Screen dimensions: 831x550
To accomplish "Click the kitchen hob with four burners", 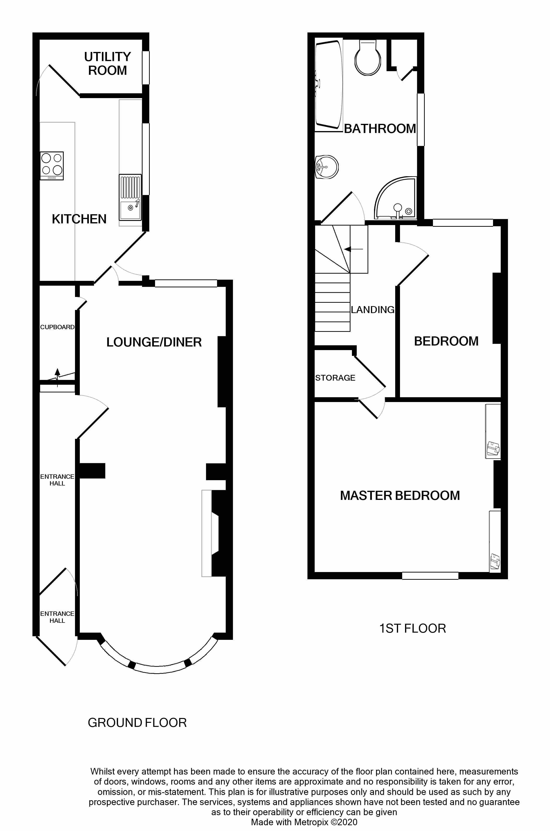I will [x=51, y=166].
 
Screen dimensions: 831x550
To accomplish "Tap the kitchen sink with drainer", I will [x=130, y=197].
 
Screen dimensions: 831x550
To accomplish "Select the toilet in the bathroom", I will [x=368, y=58].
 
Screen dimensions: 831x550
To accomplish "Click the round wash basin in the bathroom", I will [x=327, y=167].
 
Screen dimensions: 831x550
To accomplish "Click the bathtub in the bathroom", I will [x=328, y=85].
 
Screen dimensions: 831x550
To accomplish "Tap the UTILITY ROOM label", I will [x=107, y=63].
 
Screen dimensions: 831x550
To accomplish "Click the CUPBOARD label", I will [x=57, y=327].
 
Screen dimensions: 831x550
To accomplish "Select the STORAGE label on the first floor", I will [x=335, y=378].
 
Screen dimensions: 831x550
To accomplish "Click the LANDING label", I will [x=373, y=309].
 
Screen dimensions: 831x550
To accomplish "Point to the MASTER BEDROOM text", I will [x=400, y=495].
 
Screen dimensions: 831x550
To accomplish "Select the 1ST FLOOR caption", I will [x=412, y=628].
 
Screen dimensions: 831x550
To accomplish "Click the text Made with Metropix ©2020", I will [x=304, y=822].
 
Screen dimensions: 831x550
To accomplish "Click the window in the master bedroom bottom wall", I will [x=430, y=575].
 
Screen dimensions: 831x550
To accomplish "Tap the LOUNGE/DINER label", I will [x=154, y=342].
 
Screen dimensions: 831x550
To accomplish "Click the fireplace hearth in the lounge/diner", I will [x=206, y=533].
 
